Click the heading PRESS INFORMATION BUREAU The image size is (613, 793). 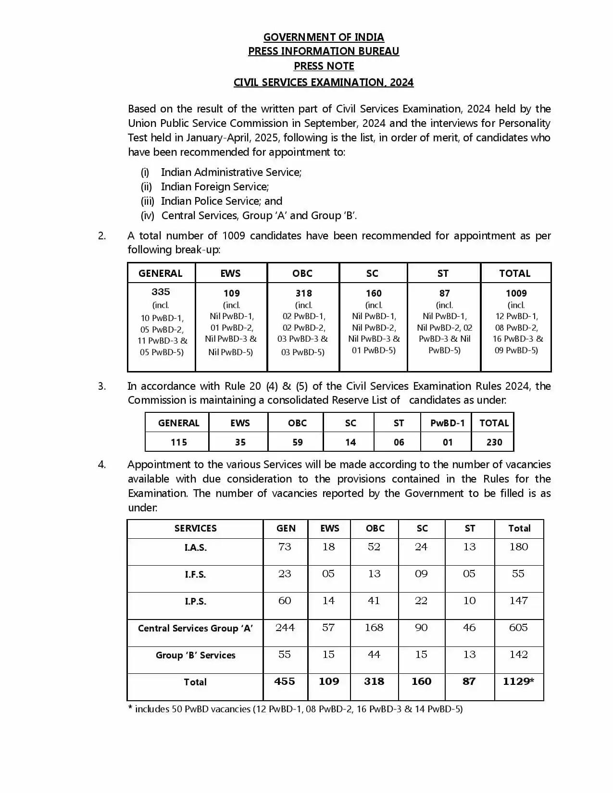tap(323, 51)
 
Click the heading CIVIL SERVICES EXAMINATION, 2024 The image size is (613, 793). tap(323, 82)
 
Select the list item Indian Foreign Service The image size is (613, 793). tap(214, 186)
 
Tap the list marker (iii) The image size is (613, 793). tap(147, 201)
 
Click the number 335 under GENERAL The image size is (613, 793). tap(161, 292)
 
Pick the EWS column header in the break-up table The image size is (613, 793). tap(230, 273)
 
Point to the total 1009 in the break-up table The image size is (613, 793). tap(516, 293)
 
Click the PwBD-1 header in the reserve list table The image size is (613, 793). tap(447, 423)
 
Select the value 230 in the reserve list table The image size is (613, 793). tap(494, 442)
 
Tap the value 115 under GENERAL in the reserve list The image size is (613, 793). tap(178, 442)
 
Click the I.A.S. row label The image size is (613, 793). tap(195, 547)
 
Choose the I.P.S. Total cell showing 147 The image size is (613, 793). tap(518, 601)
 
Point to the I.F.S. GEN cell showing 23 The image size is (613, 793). tap(285, 574)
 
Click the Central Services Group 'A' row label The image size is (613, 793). tap(195, 628)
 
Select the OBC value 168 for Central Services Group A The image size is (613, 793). tap(374, 628)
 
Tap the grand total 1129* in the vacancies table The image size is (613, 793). tap(518, 681)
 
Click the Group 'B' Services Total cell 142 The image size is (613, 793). tap(518, 655)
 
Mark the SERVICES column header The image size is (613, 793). tap(195, 528)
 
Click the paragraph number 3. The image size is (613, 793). tap(101, 386)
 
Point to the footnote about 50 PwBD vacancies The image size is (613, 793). tap(295, 709)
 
